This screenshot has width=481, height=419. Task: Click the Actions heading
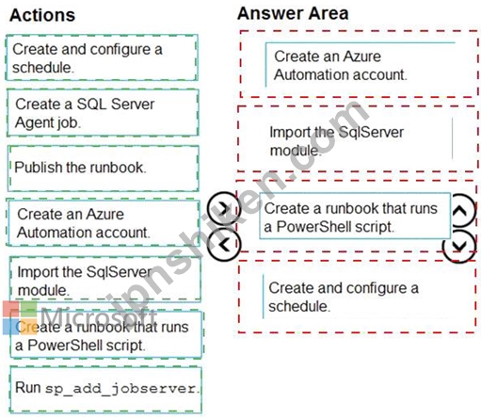(x=42, y=15)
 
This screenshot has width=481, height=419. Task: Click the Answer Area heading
(x=293, y=13)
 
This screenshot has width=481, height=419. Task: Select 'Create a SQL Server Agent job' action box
(x=103, y=113)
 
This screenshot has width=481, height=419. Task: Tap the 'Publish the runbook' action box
(x=104, y=169)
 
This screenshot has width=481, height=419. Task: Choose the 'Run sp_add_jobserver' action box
(x=105, y=390)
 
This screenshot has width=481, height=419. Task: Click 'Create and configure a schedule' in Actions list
(x=102, y=57)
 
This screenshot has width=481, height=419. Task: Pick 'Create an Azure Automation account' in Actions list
(x=103, y=223)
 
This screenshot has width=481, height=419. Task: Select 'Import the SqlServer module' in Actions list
(x=105, y=280)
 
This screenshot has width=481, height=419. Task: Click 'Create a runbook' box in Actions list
(x=106, y=335)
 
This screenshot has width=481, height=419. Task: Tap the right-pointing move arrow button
(x=224, y=208)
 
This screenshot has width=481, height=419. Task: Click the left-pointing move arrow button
(x=224, y=245)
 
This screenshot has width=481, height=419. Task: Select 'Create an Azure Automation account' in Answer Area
(x=360, y=65)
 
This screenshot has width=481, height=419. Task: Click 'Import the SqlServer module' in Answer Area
(x=361, y=140)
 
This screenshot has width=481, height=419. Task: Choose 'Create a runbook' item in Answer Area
(x=355, y=217)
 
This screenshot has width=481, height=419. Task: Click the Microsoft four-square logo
(x=20, y=318)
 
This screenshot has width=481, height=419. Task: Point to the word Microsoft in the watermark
(x=99, y=316)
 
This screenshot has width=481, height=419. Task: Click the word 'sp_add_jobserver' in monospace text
(x=121, y=389)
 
